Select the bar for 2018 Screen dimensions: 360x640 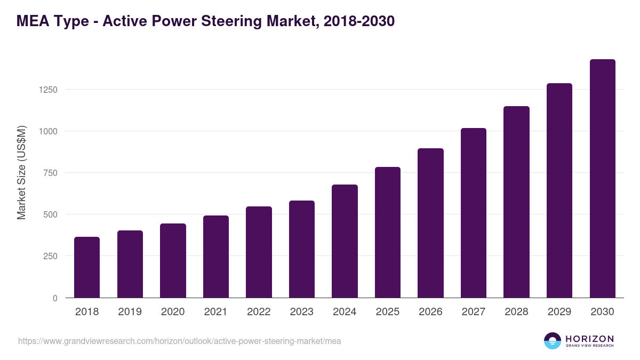[x=87, y=267]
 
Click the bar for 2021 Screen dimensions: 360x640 [x=216, y=257]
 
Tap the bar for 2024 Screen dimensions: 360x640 [x=345, y=241]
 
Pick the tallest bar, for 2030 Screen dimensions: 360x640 [x=602, y=179]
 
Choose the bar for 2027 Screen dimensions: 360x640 [x=474, y=213]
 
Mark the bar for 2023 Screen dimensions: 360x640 [x=302, y=249]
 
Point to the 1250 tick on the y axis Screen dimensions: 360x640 [x=48, y=90]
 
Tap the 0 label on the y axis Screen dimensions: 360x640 [x=55, y=298]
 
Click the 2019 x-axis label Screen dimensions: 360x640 [x=130, y=312]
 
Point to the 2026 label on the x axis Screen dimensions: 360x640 [x=430, y=312]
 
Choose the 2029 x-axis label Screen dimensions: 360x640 [x=559, y=312]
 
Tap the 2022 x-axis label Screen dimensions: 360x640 [x=259, y=312]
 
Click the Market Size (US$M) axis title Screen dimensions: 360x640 [x=21, y=172]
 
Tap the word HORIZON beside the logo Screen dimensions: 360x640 [x=589, y=339]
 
